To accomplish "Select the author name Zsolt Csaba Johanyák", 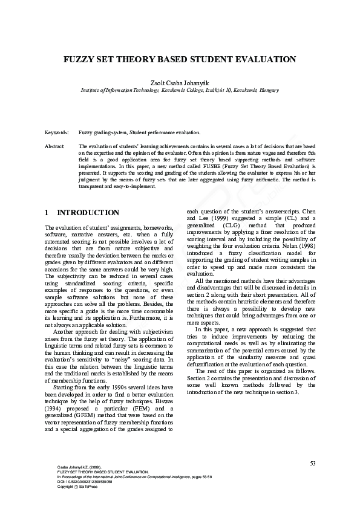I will coord(180,81).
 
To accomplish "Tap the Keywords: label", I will coord(57,132).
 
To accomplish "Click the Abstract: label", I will coord(55,146).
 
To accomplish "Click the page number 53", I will coord(312,463).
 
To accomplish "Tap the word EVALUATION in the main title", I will coord(263,60).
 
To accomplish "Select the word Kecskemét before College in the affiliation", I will coord(174,89).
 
